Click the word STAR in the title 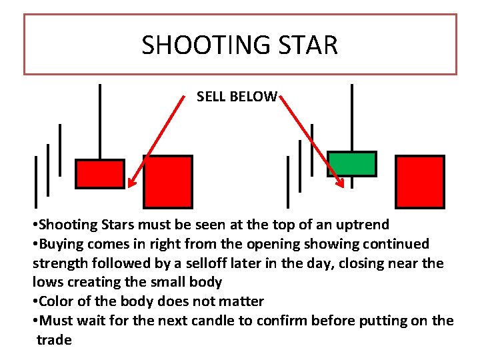coord(311,45)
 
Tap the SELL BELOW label coord(237,97)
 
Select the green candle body coord(351,163)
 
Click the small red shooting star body coord(100,174)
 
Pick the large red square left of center coord(168,181)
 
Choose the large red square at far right coord(419,181)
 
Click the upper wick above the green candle coord(352,117)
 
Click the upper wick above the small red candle coord(100,120)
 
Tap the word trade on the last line coord(54,340)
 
